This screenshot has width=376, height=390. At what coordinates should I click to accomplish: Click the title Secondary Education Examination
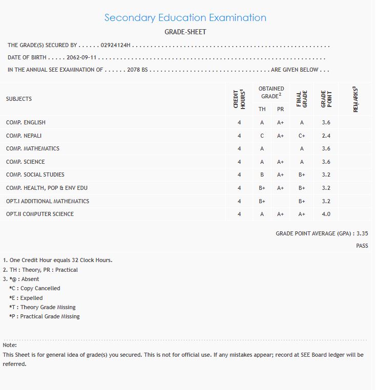pyautogui.click(x=185, y=17)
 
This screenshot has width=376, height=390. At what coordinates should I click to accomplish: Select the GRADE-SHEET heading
pyautogui.click(x=185, y=32)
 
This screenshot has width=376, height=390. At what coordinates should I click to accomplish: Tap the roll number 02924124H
pyautogui.click(x=116, y=46)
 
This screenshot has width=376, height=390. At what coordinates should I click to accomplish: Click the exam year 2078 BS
pyautogui.click(x=137, y=70)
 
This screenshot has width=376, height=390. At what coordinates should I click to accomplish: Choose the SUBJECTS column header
pyautogui.click(x=19, y=99)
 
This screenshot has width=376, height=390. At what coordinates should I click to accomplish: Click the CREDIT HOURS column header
pyautogui.click(x=239, y=99)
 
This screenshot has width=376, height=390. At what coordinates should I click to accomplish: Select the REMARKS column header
pyautogui.click(x=356, y=99)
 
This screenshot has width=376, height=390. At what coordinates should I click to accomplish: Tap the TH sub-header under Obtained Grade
pyautogui.click(x=262, y=109)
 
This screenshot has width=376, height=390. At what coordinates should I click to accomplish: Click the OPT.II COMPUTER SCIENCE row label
pyautogui.click(x=40, y=214)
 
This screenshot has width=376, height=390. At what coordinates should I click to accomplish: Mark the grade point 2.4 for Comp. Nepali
pyautogui.click(x=326, y=136)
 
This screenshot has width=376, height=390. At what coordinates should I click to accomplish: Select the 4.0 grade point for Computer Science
pyautogui.click(x=326, y=214)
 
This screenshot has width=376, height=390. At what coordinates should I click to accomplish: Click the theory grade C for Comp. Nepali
pyautogui.click(x=262, y=136)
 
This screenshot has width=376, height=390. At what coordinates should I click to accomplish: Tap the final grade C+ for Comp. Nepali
pyautogui.click(x=302, y=136)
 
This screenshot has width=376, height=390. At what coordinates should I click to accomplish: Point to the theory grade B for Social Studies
pyautogui.click(x=262, y=175)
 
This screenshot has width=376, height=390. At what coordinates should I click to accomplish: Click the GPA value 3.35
pyautogui.click(x=362, y=233)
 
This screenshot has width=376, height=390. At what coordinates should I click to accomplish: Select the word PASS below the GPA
pyautogui.click(x=362, y=246)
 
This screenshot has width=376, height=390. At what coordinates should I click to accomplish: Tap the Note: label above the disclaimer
pyautogui.click(x=10, y=345)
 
